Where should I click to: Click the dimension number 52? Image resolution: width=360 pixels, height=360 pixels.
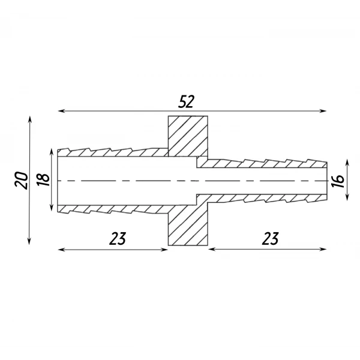(x=186, y=101)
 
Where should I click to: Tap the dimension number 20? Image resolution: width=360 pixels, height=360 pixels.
(x=22, y=181)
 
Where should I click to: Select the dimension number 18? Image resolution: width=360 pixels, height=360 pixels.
(x=43, y=180)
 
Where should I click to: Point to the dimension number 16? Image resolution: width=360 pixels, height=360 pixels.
(x=338, y=181)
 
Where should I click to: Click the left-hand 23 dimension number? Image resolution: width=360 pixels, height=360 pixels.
(x=118, y=238)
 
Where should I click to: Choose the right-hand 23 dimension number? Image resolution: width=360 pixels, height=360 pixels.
(x=270, y=238)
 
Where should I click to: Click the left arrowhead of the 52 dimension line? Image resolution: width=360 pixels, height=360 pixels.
(x=61, y=111)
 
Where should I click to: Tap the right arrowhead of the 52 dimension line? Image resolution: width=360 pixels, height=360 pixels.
(x=323, y=111)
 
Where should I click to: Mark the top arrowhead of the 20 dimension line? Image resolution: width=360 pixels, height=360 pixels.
(x=29, y=119)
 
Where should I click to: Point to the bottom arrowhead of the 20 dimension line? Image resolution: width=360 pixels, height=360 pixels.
(x=29, y=242)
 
